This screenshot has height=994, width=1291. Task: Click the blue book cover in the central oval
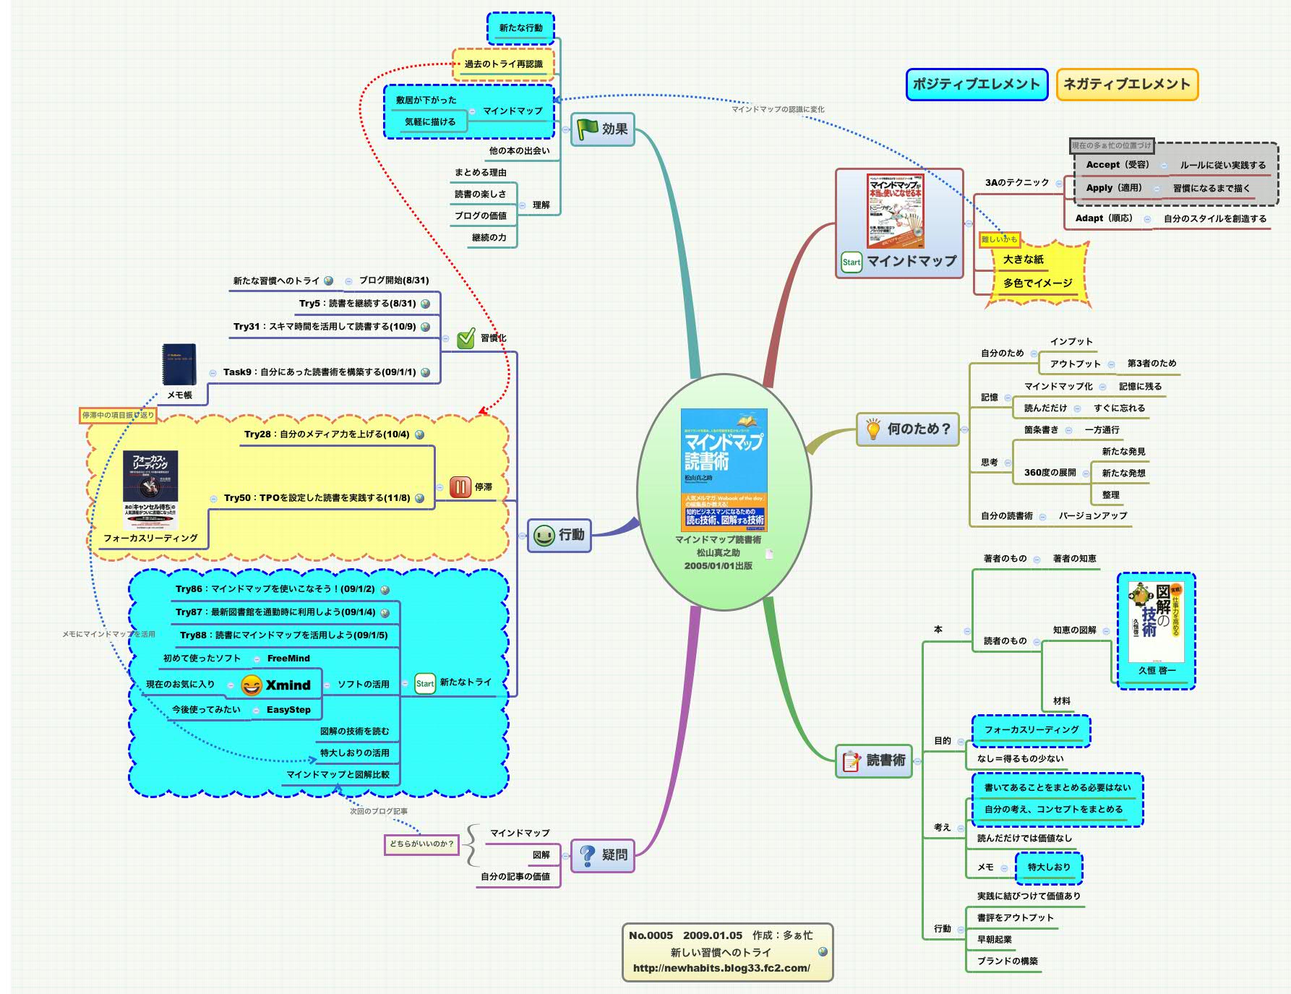(724, 471)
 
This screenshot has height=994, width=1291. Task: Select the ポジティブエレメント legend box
(976, 85)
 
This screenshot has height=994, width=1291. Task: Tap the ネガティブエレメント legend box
(1126, 85)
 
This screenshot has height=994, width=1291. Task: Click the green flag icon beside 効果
(587, 129)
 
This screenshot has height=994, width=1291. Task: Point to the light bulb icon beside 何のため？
(872, 429)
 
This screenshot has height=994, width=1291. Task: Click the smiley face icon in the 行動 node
(544, 535)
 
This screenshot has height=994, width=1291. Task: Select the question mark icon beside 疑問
(588, 855)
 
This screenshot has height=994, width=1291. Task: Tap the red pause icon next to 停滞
(460, 487)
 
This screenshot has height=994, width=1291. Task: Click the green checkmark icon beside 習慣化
(466, 338)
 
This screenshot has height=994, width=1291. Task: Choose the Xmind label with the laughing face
(277, 685)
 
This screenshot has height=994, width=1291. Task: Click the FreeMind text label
(288, 659)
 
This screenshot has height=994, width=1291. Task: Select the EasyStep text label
(288, 710)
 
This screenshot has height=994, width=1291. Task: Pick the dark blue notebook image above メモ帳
(179, 364)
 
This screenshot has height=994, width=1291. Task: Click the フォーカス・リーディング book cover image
(150, 490)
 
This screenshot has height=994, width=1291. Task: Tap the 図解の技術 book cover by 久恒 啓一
(1156, 622)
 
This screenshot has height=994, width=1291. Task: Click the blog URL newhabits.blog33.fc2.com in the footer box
(721, 968)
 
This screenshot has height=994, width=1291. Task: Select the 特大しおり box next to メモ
(1048, 867)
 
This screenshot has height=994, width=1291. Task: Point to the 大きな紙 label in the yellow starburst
(1023, 260)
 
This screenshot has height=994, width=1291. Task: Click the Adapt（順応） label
(1103, 218)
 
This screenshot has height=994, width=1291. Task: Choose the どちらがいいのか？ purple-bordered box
(421, 844)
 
